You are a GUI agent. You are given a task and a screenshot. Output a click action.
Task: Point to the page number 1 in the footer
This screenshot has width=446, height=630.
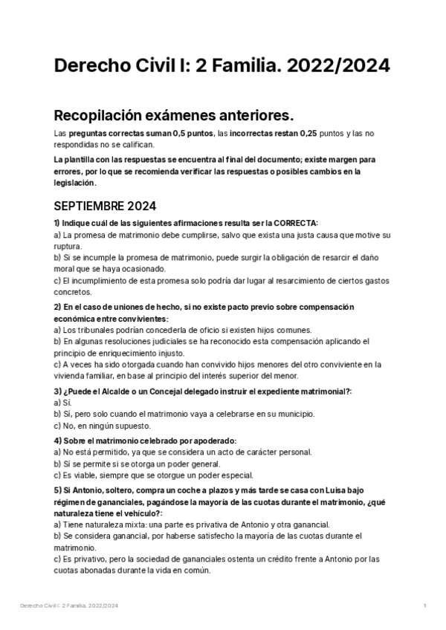(424, 606)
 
